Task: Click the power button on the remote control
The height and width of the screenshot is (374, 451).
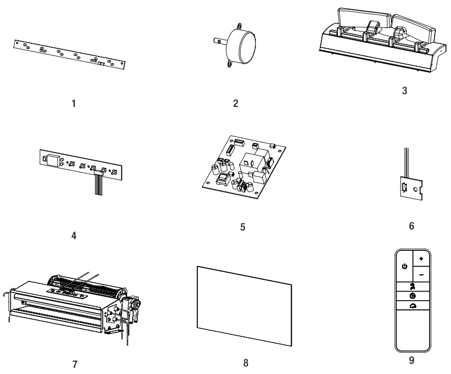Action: (x=404, y=266)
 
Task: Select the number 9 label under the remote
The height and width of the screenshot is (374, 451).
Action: (x=411, y=360)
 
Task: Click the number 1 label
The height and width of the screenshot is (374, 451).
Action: (x=74, y=103)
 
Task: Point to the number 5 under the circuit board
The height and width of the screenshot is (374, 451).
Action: (x=243, y=226)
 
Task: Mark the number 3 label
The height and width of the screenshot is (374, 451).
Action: (x=404, y=92)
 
